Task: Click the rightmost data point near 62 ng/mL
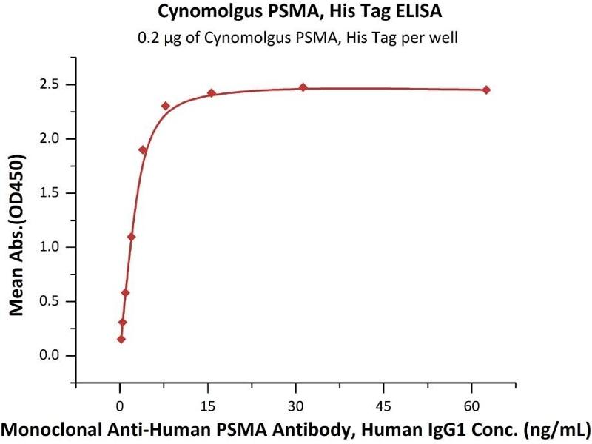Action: [x=486, y=90]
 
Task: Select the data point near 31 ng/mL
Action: [x=303, y=87]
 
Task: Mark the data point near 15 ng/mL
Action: [x=211, y=92]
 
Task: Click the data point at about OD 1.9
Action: [x=143, y=149]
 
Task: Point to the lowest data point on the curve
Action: [x=121, y=340]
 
